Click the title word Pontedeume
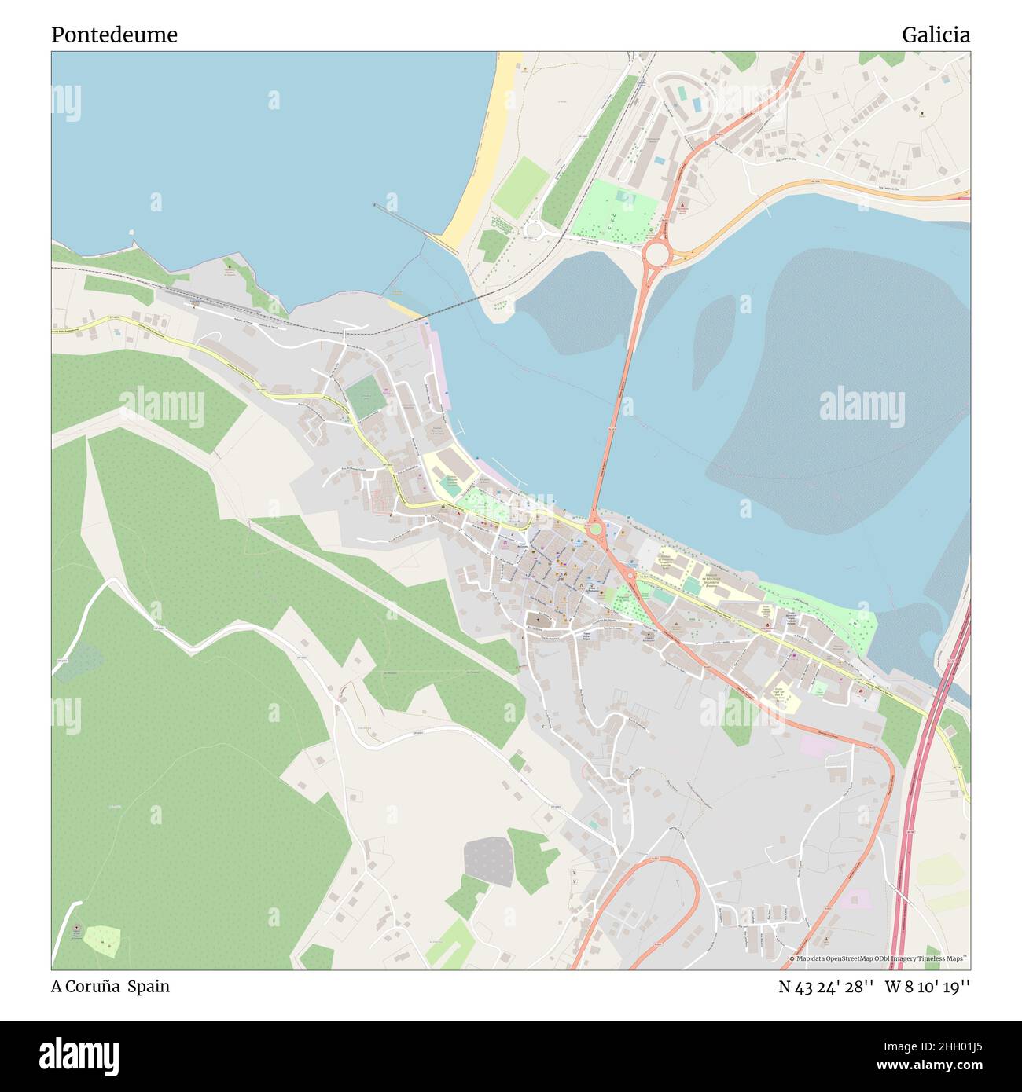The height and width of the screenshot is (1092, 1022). [114, 35]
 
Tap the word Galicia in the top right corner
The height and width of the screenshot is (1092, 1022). [936, 35]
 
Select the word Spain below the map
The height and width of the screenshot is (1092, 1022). [149, 986]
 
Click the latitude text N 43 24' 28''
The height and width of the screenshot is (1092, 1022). [825, 987]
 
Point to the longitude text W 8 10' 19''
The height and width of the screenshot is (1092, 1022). [928, 987]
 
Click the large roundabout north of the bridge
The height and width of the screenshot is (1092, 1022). [656, 255]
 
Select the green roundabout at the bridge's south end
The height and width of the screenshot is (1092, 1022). [596, 529]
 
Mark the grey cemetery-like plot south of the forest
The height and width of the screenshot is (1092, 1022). [489, 861]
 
